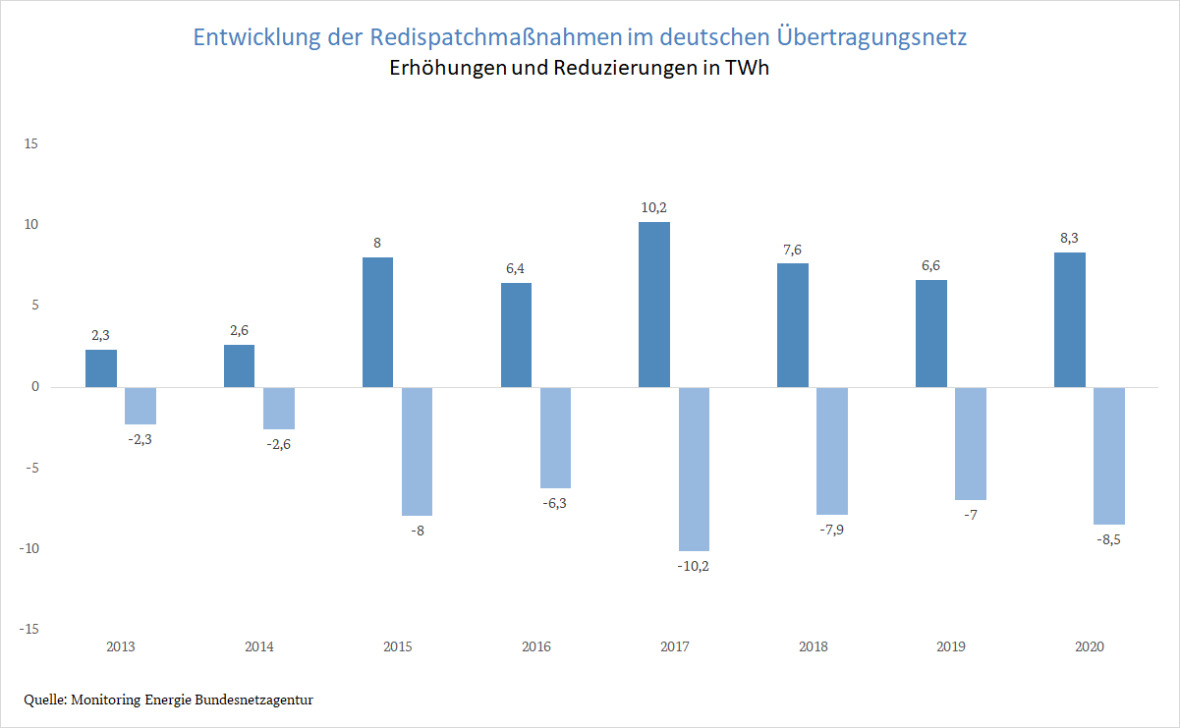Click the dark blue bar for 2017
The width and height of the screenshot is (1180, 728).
(x=654, y=305)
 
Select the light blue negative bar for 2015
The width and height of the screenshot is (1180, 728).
(x=418, y=451)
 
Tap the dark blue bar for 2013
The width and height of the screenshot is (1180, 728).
(x=101, y=368)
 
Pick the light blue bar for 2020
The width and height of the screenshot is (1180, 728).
(x=1109, y=456)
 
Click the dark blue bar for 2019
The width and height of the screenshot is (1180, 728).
(x=931, y=333)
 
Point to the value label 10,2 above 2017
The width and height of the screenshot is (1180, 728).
(x=654, y=207)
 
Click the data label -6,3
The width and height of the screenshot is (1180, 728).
(x=555, y=503)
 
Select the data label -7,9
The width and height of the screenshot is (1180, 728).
(x=832, y=530)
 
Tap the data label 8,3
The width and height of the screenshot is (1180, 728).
(x=1070, y=238)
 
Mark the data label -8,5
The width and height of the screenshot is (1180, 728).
(x=1109, y=539)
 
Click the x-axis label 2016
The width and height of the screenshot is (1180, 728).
(x=536, y=646)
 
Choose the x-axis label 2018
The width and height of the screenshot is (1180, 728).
(x=814, y=646)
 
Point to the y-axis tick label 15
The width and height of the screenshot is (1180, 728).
(x=30, y=144)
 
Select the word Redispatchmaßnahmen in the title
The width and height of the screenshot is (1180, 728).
(x=496, y=38)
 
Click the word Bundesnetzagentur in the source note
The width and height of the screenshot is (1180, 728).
(x=258, y=700)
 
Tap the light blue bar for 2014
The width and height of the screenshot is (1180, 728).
(x=279, y=408)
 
